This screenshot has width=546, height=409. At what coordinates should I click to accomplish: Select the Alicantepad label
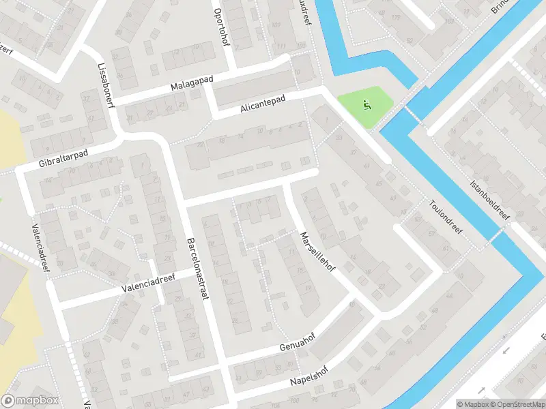click(262, 105)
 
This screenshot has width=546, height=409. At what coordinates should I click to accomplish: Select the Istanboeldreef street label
click(491, 200)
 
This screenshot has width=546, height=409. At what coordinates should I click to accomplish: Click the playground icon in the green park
click(367, 106)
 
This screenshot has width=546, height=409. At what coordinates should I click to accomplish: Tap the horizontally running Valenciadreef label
click(149, 283)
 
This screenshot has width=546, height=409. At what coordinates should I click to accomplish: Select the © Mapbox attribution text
click(473, 404)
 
